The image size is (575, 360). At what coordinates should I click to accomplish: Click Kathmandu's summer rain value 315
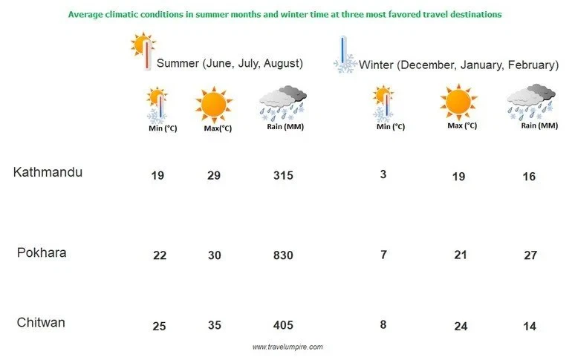[283, 176]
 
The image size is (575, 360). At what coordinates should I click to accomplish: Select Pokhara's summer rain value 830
[283, 255]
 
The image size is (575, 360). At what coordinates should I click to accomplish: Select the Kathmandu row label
[48, 172]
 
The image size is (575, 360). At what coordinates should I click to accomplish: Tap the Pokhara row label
[42, 252]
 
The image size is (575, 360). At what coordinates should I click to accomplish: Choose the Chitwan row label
[41, 322]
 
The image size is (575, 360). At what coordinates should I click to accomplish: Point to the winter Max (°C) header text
[462, 125]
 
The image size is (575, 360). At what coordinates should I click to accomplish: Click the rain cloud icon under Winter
[531, 101]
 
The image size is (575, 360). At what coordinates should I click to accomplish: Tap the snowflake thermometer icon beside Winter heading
[344, 56]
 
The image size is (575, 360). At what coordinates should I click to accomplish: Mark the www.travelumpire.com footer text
[287, 347]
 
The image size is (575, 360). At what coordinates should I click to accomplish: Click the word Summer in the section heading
[178, 64]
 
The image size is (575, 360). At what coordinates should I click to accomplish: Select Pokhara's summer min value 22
[159, 255]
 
